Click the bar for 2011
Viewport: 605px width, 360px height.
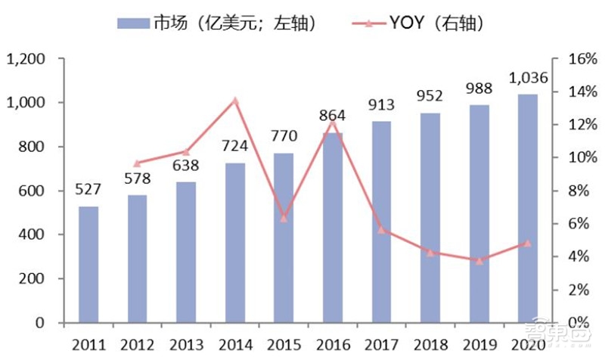88,265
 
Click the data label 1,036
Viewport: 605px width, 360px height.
527,78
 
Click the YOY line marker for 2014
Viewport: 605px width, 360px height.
234,101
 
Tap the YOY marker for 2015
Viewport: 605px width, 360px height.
284,218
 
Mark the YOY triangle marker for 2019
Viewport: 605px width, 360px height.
479,260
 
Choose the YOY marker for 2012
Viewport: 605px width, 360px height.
137,163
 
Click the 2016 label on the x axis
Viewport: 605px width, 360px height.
332,345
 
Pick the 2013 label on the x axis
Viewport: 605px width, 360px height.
186,345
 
